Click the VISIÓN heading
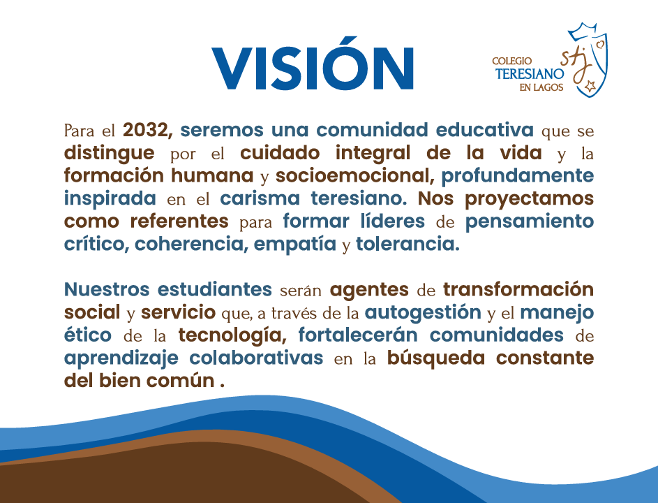point(313,64)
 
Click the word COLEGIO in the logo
point(511,61)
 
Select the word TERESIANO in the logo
point(530,74)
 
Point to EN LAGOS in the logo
point(541,87)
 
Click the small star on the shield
point(590,86)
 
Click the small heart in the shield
point(601,44)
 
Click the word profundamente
point(518,175)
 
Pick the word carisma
point(260,198)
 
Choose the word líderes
point(392,221)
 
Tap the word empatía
point(294,244)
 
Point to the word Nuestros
point(107,289)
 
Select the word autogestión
point(423,313)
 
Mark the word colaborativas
point(256,358)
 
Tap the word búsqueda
point(435,358)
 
